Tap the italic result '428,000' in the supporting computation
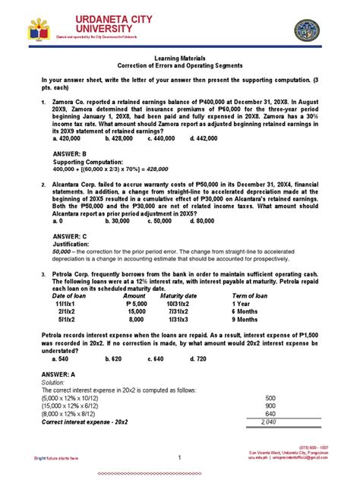(159, 170)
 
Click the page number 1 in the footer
(179, 458)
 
